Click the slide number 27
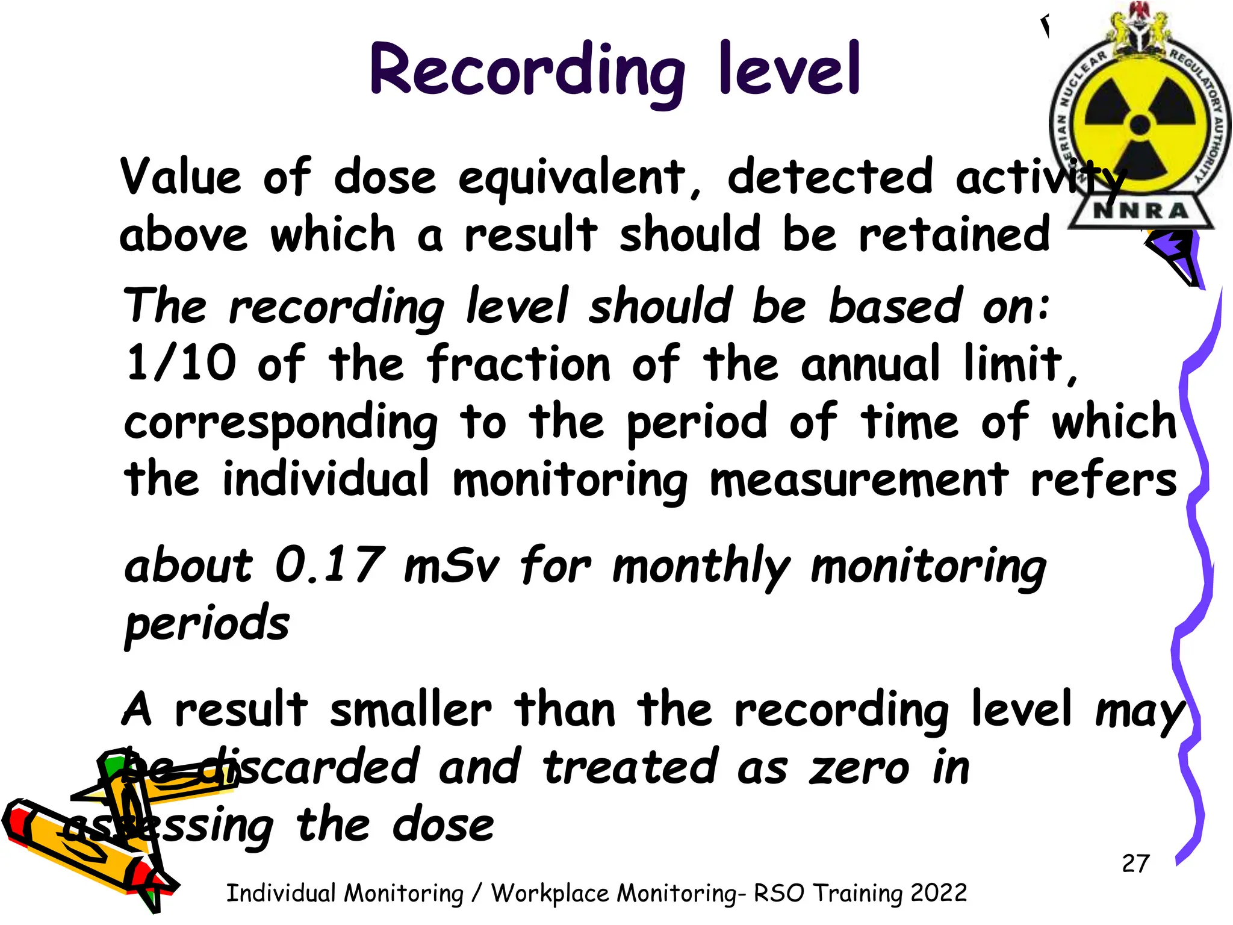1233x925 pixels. pyautogui.click(x=1135, y=864)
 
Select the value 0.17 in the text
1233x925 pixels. pyautogui.click(x=330, y=565)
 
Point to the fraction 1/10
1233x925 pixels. pyautogui.click(x=181, y=364)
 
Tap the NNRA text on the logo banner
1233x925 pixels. pyautogui.click(x=1141, y=211)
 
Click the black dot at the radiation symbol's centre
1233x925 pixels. pyautogui.click(x=1140, y=125)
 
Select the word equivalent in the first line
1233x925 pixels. pyautogui.click(x=572, y=178)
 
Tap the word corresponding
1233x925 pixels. pyautogui.click(x=281, y=423)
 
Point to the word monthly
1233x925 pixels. pyautogui.click(x=700, y=566)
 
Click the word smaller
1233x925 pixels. pyautogui.click(x=411, y=709)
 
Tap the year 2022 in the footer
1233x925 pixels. pyautogui.click(x=939, y=892)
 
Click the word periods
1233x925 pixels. pyautogui.click(x=207, y=624)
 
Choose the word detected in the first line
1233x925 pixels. pyautogui.click(x=830, y=177)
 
